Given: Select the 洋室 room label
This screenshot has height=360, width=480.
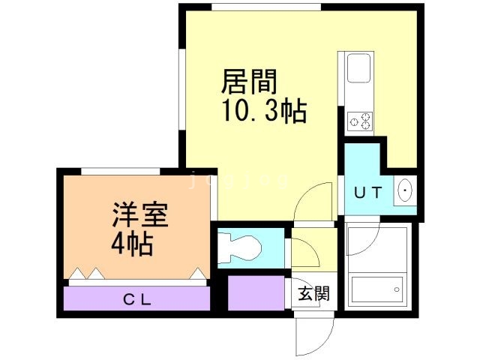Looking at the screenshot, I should tap(139, 216).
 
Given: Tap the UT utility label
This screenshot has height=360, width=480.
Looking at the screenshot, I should tap(368, 193).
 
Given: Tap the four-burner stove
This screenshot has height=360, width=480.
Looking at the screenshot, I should tap(358, 119).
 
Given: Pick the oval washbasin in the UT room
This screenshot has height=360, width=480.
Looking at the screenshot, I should tap(405, 192).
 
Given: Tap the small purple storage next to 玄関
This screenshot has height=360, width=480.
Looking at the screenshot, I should tap(256, 293).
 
